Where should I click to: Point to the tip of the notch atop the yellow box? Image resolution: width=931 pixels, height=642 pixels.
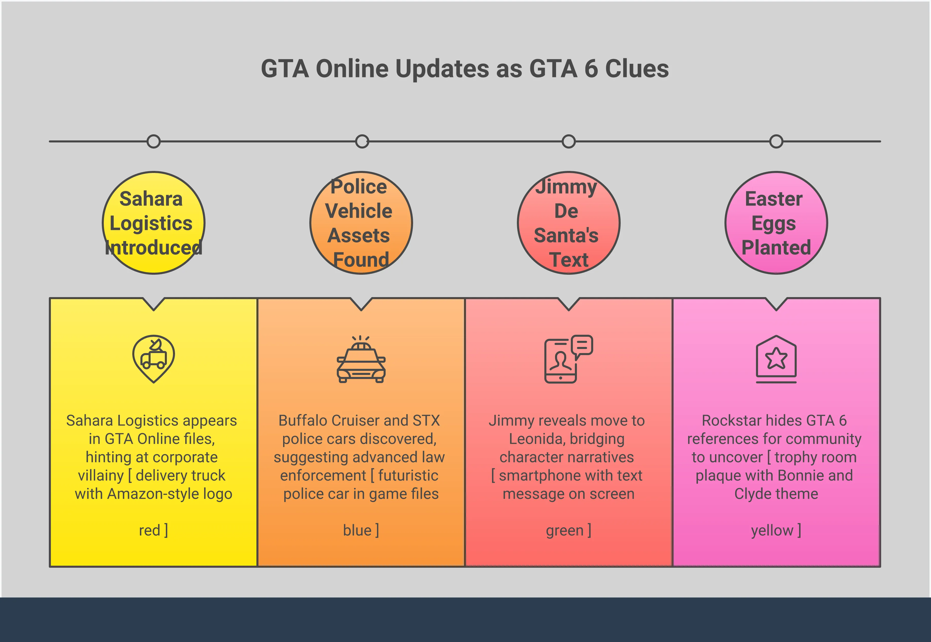pos(154,310)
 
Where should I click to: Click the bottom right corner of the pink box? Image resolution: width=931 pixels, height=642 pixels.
pos(880,566)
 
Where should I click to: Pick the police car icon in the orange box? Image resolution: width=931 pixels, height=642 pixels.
pos(361,359)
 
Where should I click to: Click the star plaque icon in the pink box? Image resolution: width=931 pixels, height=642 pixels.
pos(776,359)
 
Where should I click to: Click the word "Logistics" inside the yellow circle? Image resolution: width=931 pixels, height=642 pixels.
pos(151,224)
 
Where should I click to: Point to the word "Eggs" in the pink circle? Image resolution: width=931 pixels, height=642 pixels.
pos(774,224)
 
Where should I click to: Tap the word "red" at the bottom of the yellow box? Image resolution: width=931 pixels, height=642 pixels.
pos(149,530)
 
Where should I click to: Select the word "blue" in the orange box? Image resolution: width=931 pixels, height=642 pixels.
pos(357,530)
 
